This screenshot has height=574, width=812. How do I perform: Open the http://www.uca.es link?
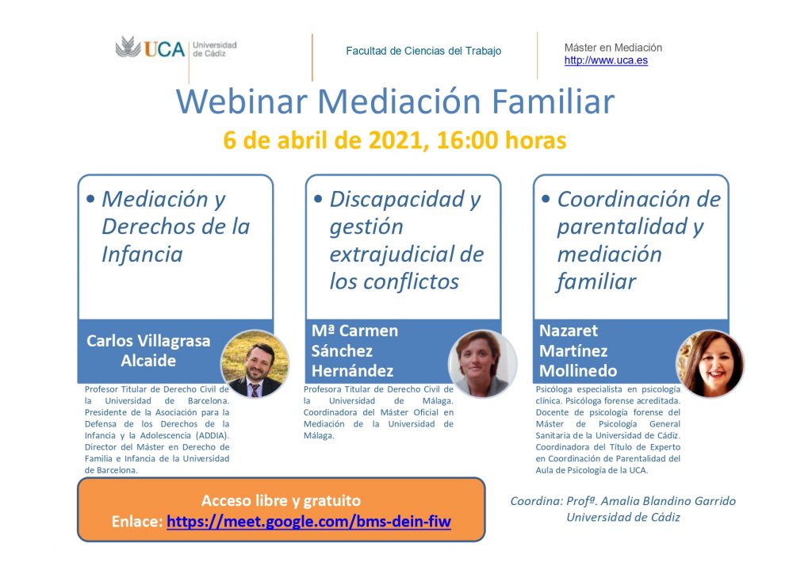(x=606, y=60)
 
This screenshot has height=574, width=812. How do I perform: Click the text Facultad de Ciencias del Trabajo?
(x=423, y=51)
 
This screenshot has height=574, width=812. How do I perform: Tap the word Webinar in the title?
(x=242, y=101)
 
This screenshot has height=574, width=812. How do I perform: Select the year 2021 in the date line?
(x=398, y=140)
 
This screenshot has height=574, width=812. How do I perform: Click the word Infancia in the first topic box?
(x=142, y=254)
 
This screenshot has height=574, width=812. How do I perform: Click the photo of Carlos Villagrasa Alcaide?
(x=255, y=363)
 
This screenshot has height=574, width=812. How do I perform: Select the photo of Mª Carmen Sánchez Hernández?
(x=483, y=363)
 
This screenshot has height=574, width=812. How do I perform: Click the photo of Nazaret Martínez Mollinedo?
(x=710, y=363)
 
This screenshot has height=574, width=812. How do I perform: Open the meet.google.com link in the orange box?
(x=308, y=521)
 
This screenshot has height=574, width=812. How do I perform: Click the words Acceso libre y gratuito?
(x=282, y=500)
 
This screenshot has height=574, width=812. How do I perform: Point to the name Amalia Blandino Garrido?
(x=668, y=500)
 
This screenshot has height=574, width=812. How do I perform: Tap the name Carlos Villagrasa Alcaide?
(x=148, y=350)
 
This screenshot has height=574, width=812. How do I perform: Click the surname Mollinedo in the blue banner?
(x=578, y=370)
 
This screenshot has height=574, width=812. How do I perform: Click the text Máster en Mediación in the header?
(x=613, y=48)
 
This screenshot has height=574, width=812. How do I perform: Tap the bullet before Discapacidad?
(x=318, y=198)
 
